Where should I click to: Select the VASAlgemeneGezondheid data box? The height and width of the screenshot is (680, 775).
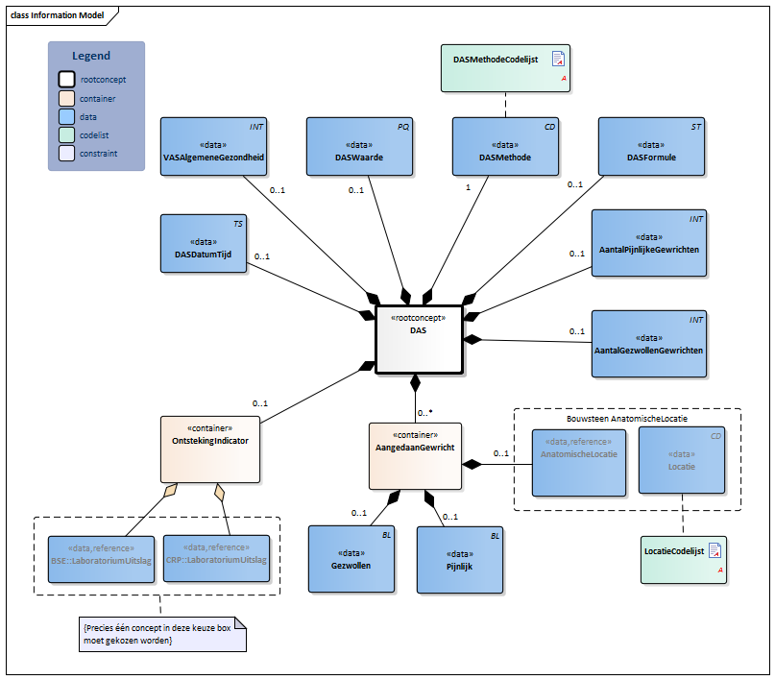[x=214, y=149]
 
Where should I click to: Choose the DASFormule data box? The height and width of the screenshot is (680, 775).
[x=651, y=149]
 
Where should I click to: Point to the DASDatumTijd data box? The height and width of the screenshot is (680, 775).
[x=205, y=244]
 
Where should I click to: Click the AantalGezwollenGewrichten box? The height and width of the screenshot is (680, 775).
[x=648, y=343]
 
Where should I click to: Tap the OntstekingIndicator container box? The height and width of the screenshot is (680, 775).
[x=210, y=448]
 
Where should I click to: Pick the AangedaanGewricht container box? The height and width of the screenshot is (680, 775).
[x=415, y=455]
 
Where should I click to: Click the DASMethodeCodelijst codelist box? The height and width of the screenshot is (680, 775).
[x=505, y=68]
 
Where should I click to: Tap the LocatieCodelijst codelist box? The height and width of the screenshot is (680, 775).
[x=683, y=560]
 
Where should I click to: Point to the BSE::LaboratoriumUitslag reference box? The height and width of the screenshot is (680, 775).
[x=101, y=559]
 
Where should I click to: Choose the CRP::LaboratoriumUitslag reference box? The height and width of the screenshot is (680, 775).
[x=215, y=559]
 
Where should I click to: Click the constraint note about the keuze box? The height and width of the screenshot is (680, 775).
[x=160, y=634]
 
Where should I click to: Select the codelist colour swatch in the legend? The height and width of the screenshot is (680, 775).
[x=65, y=134]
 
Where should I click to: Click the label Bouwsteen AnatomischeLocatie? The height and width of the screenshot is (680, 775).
[x=626, y=418]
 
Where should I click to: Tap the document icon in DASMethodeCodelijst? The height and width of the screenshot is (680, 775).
[x=557, y=60]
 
